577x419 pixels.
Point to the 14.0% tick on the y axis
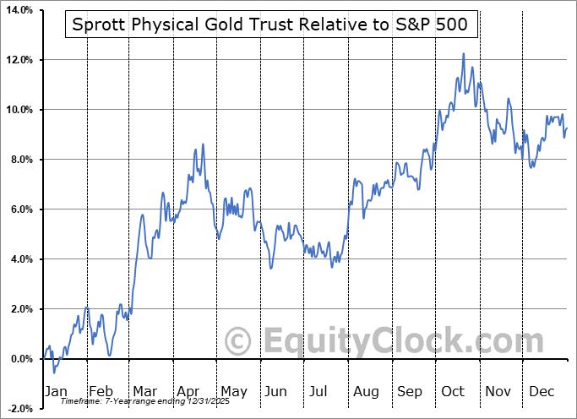[x=17, y=10]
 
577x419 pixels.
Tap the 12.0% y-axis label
[x=17, y=60]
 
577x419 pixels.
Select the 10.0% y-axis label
[x=17, y=110]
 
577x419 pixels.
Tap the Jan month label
[x=55, y=391]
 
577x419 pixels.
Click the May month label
[x=233, y=391]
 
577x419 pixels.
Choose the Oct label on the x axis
[x=454, y=391]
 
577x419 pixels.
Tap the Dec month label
[x=541, y=391]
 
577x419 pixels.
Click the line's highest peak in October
[x=464, y=54]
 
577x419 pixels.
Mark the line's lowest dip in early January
[x=54, y=372]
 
